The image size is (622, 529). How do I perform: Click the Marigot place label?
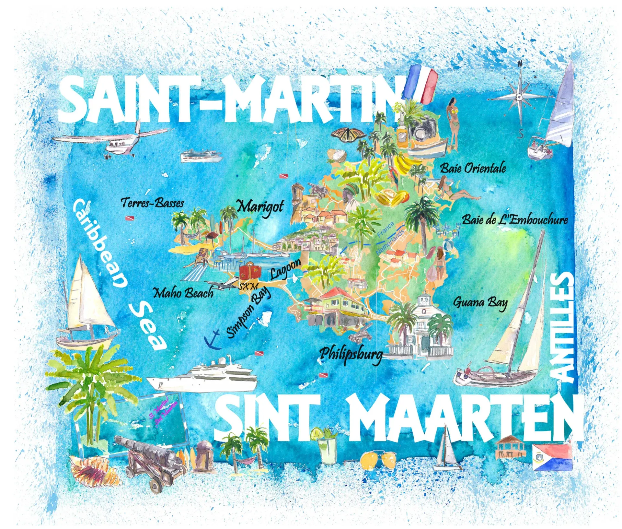click(x=260, y=206)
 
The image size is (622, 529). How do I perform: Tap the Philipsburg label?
click(x=351, y=354)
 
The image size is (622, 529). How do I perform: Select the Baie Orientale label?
click(x=473, y=168)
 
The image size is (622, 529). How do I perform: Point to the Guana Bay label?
click(x=480, y=302)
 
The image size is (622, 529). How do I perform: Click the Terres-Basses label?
click(x=152, y=203)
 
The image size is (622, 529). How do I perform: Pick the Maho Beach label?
click(x=183, y=293)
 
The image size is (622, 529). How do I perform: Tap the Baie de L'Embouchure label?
click(x=515, y=220)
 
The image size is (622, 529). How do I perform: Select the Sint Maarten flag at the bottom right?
click(x=552, y=457)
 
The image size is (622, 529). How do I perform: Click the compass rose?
click(x=519, y=97)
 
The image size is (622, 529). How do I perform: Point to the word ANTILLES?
click(x=563, y=327)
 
